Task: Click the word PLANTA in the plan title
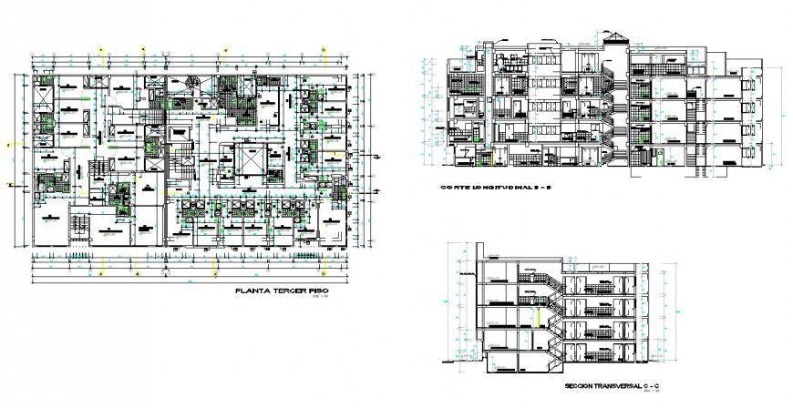(x=252, y=291)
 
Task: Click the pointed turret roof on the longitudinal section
(x=619, y=38)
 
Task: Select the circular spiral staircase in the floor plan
(x=194, y=85)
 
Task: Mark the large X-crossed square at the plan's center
(x=248, y=160)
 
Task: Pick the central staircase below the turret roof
(x=618, y=109)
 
